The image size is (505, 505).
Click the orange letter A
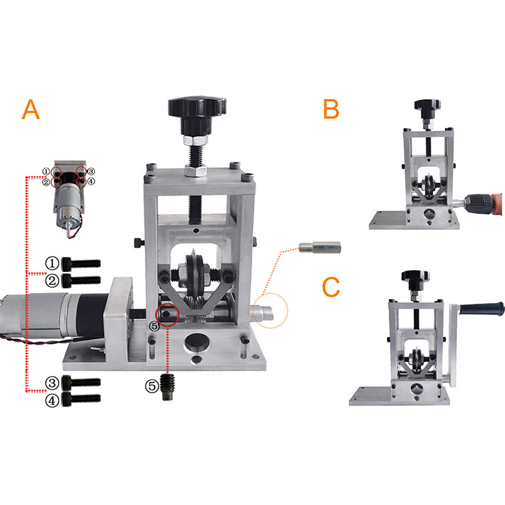tap(30, 109)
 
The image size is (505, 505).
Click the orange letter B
tap(331, 109)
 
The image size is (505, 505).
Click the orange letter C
tap(331, 287)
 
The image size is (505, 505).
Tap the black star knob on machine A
tap(197, 114)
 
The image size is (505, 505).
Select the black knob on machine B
tap(427, 109)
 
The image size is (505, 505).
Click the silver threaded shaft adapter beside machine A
tap(319, 247)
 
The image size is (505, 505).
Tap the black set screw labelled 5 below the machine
tap(167, 387)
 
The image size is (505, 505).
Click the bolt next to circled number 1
tap(81, 263)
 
